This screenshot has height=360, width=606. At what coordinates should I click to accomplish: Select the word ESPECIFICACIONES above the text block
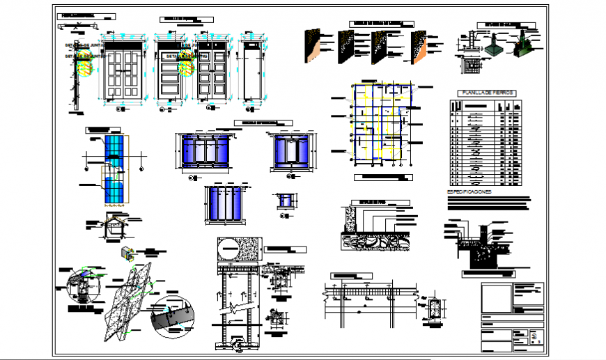click(468, 191)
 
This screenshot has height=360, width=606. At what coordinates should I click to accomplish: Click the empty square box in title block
click(495, 298)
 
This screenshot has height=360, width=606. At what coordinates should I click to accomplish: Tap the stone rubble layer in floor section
click(376, 240)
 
